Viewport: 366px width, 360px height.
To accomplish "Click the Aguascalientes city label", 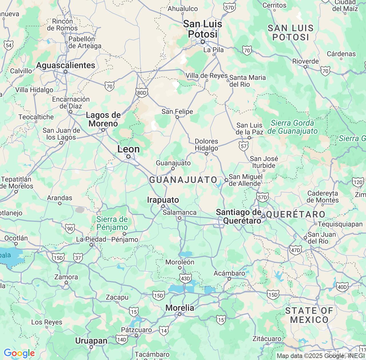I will click(65, 65).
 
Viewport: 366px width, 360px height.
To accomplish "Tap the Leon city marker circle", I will click(128, 157).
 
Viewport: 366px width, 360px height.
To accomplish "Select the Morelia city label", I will click(180, 308).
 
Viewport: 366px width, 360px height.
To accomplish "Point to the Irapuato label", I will click(163, 200).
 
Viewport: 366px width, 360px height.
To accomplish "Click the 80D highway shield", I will click(142, 93).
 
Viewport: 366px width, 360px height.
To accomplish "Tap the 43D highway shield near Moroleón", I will click(185, 279).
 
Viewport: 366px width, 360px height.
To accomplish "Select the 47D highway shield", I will click(295, 251).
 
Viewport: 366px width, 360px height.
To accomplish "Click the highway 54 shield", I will click(9, 45).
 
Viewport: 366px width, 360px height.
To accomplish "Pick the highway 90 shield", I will click(70, 229).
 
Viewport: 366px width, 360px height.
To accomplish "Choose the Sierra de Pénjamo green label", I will click(112, 223).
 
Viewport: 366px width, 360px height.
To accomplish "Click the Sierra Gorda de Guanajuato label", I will click(293, 127).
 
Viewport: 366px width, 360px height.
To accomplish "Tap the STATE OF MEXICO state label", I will click(309, 315).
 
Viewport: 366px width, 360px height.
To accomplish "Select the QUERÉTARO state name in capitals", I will click(296, 215).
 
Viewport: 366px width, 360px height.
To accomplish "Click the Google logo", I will click(19, 353).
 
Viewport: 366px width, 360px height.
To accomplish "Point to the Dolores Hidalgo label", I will click(206, 145).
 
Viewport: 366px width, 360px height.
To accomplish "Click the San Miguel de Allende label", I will click(245, 180).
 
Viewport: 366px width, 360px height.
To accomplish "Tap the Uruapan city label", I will click(91, 341).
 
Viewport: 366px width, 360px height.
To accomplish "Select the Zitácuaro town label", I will click(267, 339).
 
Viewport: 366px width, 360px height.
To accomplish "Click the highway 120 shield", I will click(358, 182).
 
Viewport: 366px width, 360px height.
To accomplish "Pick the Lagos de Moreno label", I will click(103, 119).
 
